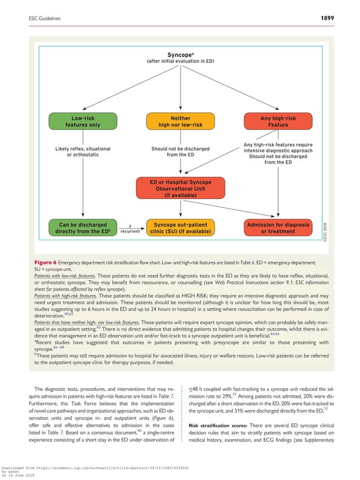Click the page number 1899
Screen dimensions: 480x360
pyautogui.click(x=324, y=18)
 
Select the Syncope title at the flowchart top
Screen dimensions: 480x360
pyautogui.click(x=180, y=55)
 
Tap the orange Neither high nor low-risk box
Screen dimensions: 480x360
pyautogui.click(x=180, y=121)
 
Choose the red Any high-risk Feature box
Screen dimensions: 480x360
pyautogui.click(x=278, y=121)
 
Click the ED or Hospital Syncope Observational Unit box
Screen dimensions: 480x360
pyautogui.click(x=180, y=188)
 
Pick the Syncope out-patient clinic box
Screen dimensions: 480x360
pyautogui.click(x=180, y=228)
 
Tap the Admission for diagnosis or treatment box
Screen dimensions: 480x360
pyautogui.click(x=278, y=228)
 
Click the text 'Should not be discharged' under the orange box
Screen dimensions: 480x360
pyautogui.click(x=180, y=149)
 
